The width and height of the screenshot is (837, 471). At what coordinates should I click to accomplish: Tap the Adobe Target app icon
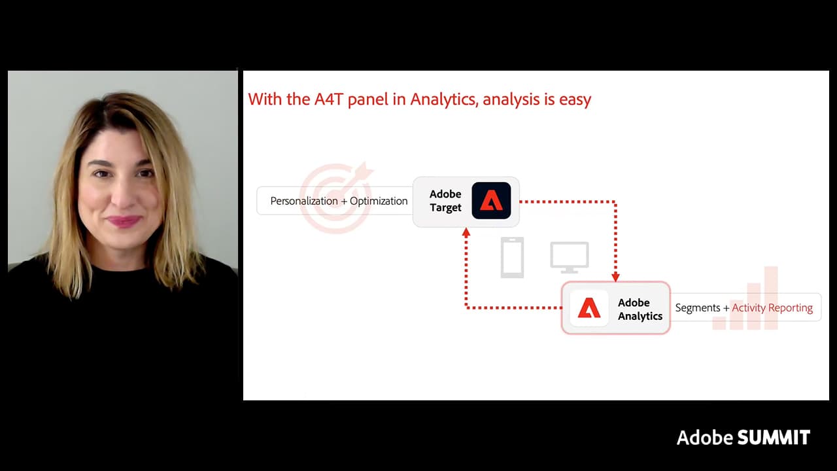pyautogui.click(x=491, y=201)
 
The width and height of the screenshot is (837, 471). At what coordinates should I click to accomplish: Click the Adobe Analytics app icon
pyautogui.click(x=589, y=308)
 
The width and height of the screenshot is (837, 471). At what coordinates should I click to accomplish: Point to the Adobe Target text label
pyautogui.click(x=445, y=201)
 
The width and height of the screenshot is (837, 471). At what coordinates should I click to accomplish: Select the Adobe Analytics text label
pyautogui.click(x=640, y=309)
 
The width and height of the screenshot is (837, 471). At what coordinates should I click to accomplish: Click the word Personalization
pyautogui.click(x=304, y=201)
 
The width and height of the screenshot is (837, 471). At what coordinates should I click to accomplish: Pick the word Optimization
pyautogui.click(x=379, y=201)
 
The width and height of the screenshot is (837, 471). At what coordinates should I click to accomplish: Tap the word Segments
pyautogui.click(x=697, y=307)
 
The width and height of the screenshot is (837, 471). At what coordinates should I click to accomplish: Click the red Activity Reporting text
pyautogui.click(x=772, y=307)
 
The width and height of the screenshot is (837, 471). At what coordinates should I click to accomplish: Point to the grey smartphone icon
pyautogui.click(x=512, y=257)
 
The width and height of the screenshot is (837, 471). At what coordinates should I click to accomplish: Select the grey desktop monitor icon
pyautogui.click(x=569, y=257)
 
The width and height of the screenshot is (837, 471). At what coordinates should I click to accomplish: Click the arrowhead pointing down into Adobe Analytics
pyautogui.click(x=615, y=277)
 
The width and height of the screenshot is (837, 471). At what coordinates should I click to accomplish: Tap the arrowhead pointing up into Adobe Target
pyautogui.click(x=466, y=232)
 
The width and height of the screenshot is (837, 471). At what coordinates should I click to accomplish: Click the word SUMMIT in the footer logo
pyautogui.click(x=774, y=438)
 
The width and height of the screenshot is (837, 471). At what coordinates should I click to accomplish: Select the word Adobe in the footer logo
pyautogui.click(x=705, y=438)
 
